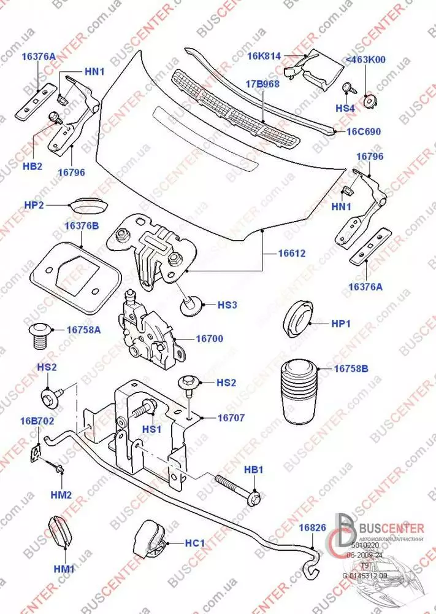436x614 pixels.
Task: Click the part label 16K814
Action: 264,56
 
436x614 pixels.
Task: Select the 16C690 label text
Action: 364,131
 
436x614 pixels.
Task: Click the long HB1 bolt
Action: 237,487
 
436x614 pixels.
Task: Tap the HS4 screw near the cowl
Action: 346,88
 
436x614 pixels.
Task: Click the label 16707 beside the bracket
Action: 231,418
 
